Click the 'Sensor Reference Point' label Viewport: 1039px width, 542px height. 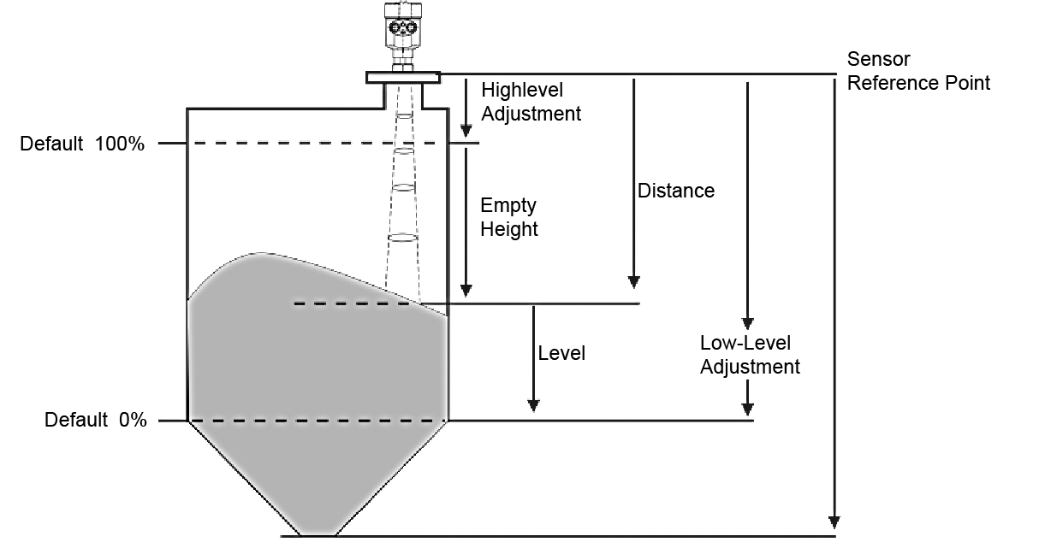click(x=917, y=71)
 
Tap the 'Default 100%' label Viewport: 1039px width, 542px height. click(x=82, y=144)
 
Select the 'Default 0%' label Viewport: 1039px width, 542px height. click(x=95, y=421)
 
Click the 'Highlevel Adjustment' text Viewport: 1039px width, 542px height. click(x=531, y=102)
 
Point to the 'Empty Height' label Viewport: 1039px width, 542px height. click(x=508, y=217)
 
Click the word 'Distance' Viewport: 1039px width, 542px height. click(x=675, y=191)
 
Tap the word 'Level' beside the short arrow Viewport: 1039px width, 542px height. click(x=561, y=353)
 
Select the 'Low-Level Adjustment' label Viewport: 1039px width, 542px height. click(x=750, y=355)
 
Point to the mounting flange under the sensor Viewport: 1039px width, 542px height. click(x=404, y=78)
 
